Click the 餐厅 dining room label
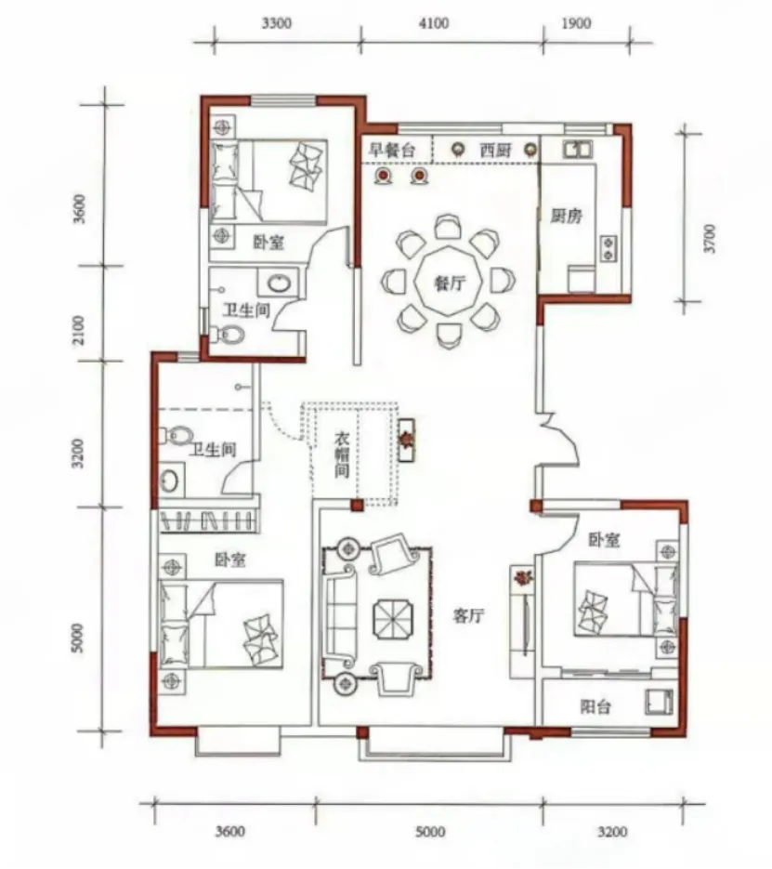[x=449, y=283]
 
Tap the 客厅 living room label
[x=468, y=615]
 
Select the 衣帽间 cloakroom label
[x=342, y=455]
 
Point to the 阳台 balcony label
[x=595, y=706]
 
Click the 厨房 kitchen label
[x=566, y=215]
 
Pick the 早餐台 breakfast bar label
[x=392, y=150]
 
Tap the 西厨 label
[x=494, y=150]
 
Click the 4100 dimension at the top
[x=434, y=23]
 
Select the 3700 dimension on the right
[x=710, y=238]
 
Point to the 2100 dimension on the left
[x=79, y=330]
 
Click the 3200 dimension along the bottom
[x=612, y=831]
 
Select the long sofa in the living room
[x=340, y=615]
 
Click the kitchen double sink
[x=577, y=149]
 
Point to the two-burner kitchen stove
[x=608, y=248]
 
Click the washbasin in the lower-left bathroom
[x=169, y=481]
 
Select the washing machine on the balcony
[x=659, y=702]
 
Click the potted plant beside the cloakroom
[x=407, y=440]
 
